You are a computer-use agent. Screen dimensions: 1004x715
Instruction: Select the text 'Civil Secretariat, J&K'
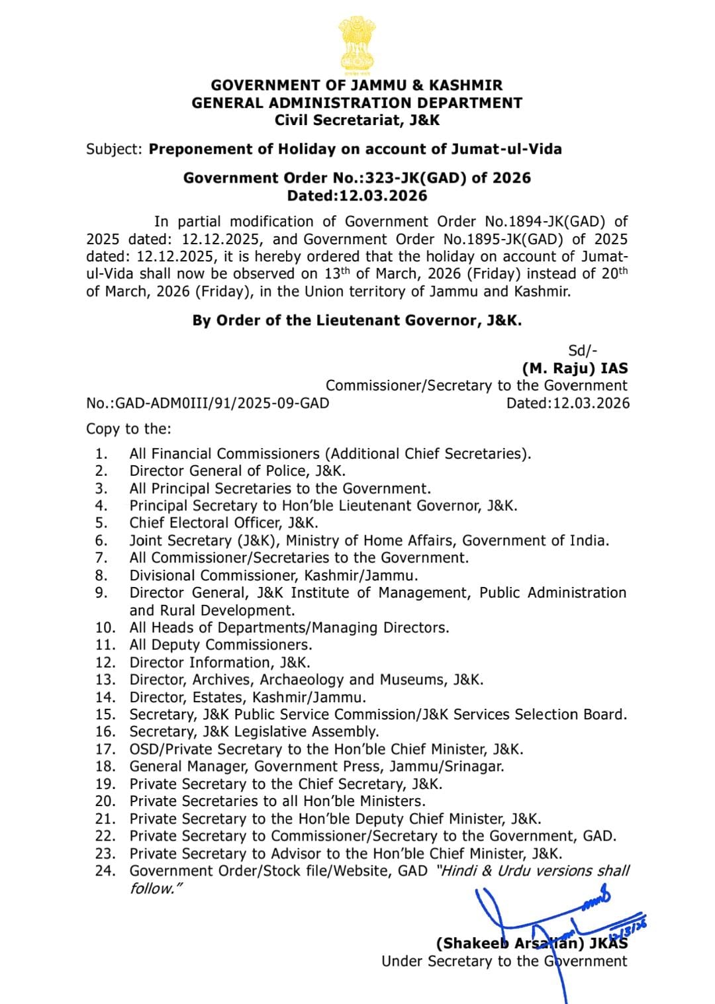(x=357, y=120)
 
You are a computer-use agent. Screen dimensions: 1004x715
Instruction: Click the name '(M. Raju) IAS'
(x=575, y=369)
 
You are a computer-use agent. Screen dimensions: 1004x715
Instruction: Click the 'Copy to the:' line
(x=128, y=429)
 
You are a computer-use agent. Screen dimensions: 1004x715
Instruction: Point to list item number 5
(x=101, y=523)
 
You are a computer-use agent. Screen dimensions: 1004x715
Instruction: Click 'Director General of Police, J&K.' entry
(x=238, y=471)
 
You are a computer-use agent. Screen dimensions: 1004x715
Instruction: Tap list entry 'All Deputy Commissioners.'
(x=220, y=645)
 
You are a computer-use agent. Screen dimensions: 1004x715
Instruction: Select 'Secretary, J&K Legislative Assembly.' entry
(x=254, y=731)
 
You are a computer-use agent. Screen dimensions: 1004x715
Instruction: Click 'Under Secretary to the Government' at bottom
(x=504, y=961)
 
